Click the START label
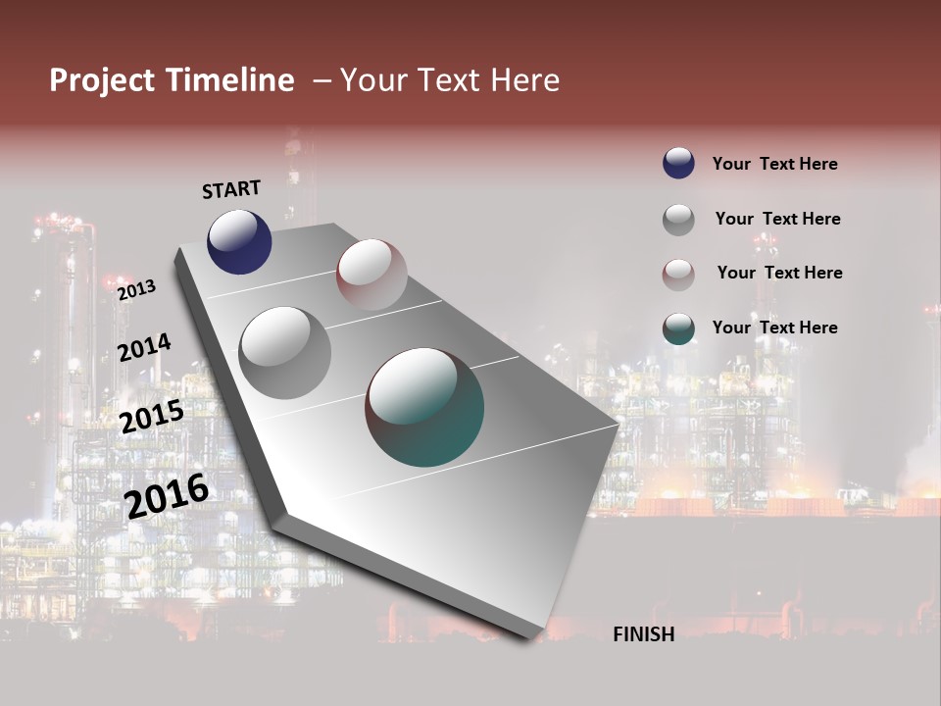pos(231,189)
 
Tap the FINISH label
pos(643,634)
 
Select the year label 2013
pos(136,289)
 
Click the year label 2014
pos(144,347)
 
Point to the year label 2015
pos(151,417)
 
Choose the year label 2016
pos(167,495)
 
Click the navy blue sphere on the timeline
pos(239,241)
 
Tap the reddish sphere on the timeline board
pos(371,275)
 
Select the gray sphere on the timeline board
pos(285,353)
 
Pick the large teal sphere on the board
pos(424,407)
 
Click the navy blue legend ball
pos(678,163)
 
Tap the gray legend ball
pos(678,219)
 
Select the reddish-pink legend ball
pos(678,274)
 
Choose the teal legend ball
pos(678,328)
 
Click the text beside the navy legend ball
pos(774,164)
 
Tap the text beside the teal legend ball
pos(774,328)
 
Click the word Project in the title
pos(102,80)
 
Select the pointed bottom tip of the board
pos(529,635)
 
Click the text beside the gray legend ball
pos(777,219)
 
